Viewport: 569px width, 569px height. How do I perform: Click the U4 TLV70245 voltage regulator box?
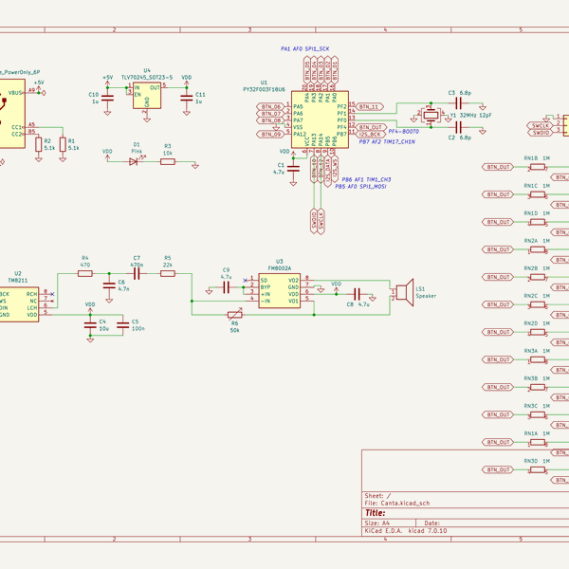147,95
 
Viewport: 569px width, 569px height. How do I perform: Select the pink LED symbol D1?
133,161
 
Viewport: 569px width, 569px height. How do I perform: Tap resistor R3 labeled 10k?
167,161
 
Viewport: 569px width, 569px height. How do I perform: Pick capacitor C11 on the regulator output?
186,95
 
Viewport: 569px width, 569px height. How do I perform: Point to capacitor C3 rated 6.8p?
463,101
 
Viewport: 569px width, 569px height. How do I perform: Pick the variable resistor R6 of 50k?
234,314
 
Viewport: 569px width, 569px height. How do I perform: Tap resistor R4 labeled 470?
85,272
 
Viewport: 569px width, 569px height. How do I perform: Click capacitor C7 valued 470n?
137,272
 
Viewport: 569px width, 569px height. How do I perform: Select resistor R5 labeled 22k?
167,272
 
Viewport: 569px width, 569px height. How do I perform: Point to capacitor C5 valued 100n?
123,324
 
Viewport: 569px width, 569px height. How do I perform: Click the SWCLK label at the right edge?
541,124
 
